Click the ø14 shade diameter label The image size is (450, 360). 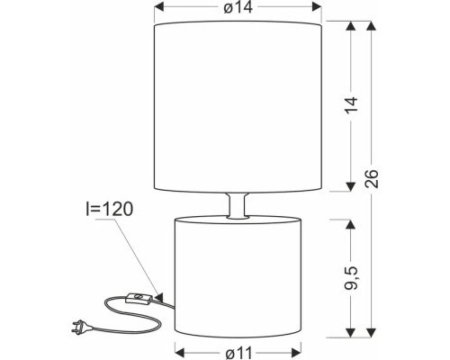pos(238,10)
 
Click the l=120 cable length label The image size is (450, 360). pos(110,210)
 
